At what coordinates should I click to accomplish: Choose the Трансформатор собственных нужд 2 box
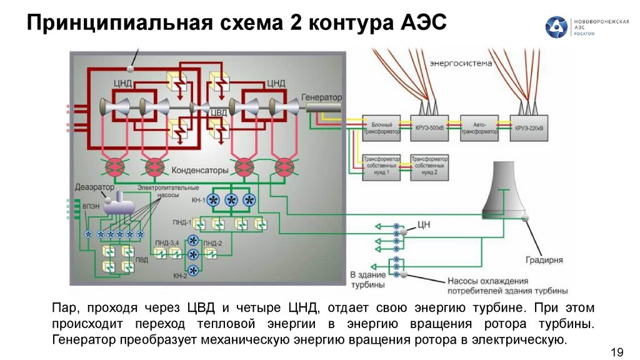click(x=428, y=167)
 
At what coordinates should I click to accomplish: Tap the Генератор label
click(x=322, y=99)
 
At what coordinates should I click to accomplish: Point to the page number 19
click(x=617, y=353)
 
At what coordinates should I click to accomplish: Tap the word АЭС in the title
click(x=422, y=25)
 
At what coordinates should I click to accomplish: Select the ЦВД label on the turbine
click(x=217, y=112)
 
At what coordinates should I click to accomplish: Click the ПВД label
click(x=144, y=259)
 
